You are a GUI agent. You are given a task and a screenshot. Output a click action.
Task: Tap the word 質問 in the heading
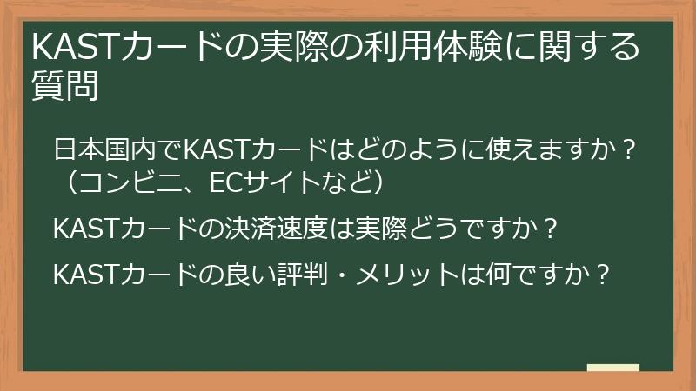tap(65, 87)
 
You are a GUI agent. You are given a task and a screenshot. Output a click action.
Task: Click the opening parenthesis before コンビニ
tap(67, 183)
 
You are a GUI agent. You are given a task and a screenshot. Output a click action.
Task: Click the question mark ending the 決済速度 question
tap(550, 229)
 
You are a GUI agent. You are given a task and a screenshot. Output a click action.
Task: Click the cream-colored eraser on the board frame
tap(612, 368)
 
